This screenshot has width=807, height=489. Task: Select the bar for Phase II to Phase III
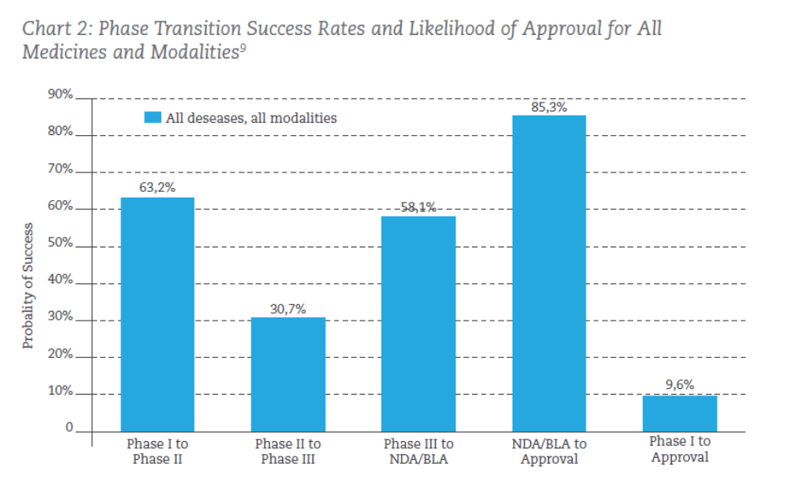pos(288,373)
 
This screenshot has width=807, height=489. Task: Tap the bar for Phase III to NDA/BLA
pos(418,323)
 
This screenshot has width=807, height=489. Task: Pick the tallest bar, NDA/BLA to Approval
pos(549,273)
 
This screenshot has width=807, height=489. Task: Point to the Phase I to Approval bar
pos(679,413)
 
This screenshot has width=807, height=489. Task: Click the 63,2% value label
pos(157,187)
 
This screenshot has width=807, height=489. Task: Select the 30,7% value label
pos(288,308)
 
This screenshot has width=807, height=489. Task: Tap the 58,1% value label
pos(418,207)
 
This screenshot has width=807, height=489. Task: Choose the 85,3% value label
pos(549,107)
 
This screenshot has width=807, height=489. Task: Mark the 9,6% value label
pos(679,385)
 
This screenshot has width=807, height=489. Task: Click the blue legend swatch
pos(153,117)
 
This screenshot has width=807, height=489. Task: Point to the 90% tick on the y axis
pos(60,95)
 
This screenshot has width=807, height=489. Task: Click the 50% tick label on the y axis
pos(60,244)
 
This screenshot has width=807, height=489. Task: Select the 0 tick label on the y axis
pos(69,428)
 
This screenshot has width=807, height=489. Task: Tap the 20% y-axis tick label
pos(60,356)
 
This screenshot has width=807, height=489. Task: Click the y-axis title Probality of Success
pos(28,285)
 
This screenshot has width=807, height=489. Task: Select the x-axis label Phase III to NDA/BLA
pos(418,452)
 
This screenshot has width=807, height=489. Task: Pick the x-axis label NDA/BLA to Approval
pos(549,452)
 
